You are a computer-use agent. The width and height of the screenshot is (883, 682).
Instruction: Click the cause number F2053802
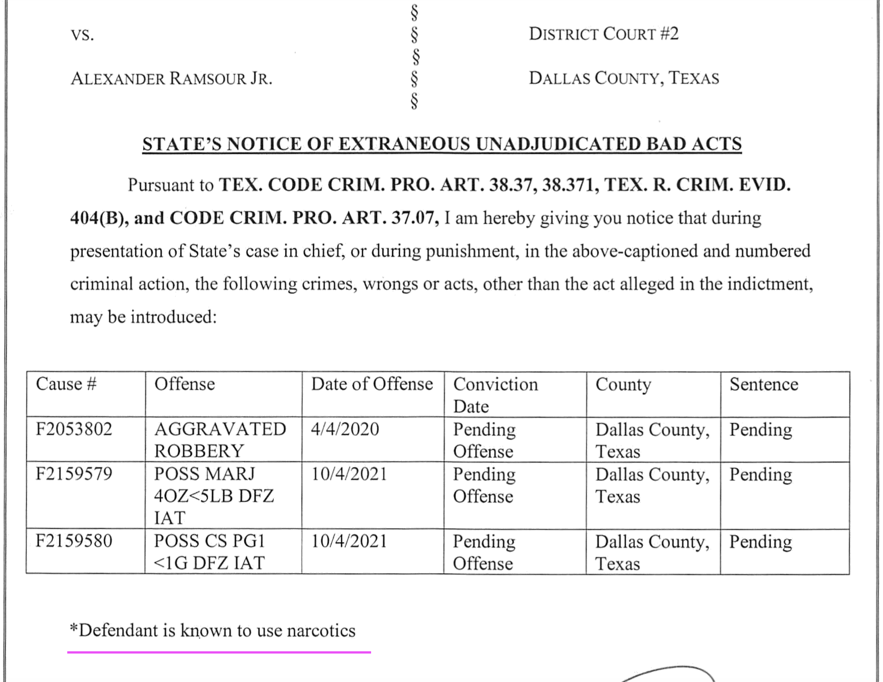(x=74, y=429)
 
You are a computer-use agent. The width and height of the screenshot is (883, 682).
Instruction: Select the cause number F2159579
(x=74, y=474)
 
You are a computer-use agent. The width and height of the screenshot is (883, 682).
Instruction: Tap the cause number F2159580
(x=74, y=541)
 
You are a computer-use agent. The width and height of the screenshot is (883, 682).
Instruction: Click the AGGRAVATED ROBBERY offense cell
(x=220, y=440)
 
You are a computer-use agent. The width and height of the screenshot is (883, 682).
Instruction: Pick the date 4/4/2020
(x=345, y=429)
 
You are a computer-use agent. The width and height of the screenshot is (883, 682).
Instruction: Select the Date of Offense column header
(x=372, y=384)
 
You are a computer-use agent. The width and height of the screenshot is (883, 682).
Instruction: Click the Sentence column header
(x=764, y=384)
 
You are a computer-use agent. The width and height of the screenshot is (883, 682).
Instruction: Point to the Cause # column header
(x=66, y=384)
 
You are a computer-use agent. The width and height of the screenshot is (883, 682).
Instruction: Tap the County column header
(x=623, y=385)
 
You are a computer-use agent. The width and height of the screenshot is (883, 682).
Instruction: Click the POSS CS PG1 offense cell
(x=209, y=552)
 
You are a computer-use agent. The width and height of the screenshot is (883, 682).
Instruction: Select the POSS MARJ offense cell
(x=214, y=495)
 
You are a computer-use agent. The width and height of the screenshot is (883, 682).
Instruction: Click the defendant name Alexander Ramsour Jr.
(x=172, y=79)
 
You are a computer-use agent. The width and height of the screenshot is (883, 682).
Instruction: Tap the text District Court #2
(x=604, y=34)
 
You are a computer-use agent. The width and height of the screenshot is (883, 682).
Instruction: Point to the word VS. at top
(x=83, y=35)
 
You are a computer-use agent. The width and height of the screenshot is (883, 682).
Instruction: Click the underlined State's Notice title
(x=442, y=144)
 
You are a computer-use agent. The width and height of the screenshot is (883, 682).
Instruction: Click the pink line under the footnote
(x=219, y=652)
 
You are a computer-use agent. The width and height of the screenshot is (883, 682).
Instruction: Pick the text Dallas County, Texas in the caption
(x=624, y=78)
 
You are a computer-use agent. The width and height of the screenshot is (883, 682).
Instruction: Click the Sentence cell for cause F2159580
(x=761, y=542)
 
